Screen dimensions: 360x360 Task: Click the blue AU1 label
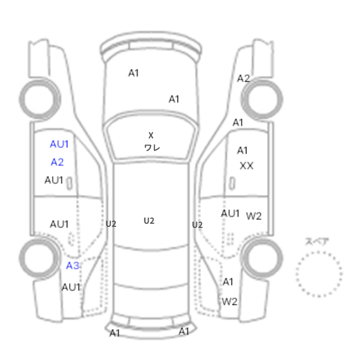point(59,144)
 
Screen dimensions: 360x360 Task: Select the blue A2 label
point(57,162)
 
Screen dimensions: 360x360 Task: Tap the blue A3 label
point(73,266)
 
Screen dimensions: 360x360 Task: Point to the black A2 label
point(243,79)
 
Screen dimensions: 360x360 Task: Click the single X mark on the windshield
point(151,135)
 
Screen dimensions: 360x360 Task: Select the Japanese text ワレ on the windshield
point(152,148)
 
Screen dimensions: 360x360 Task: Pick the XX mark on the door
point(246,166)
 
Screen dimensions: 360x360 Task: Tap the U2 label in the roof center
point(149,221)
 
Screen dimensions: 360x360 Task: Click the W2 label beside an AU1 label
point(254,216)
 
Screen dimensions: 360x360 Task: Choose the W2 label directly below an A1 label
point(229,302)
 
